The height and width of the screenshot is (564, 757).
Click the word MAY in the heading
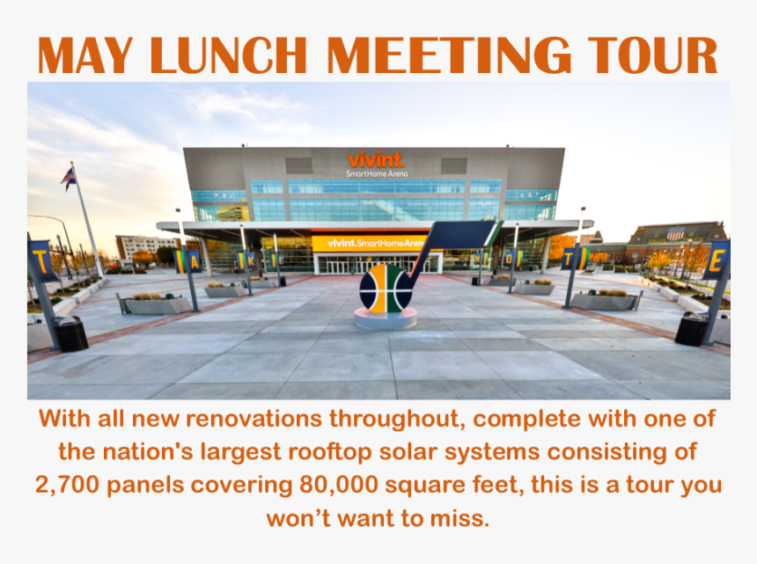point(85,55)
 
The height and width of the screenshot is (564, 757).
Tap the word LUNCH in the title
point(228,55)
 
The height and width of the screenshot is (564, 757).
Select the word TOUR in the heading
point(652,55)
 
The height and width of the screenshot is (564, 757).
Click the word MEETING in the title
point(449,55)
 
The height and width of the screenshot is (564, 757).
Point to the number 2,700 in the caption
point(67,486)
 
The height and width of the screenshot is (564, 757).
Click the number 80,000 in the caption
point(338,486)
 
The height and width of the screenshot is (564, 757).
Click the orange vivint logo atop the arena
point(376,159)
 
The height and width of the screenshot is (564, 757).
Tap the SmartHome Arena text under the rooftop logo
point(377,173)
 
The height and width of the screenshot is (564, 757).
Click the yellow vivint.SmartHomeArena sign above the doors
point(371,243)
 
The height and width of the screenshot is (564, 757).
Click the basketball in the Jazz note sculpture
point(386,288)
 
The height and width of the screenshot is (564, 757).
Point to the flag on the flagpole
point(69,178)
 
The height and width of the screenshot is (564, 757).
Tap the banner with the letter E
point(716,260)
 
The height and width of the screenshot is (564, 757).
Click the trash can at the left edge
point(70,333)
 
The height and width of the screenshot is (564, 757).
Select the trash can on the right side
point(691,329)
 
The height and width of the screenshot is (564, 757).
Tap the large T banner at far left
point(42,261)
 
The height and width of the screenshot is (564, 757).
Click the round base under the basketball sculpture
point(386,319)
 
